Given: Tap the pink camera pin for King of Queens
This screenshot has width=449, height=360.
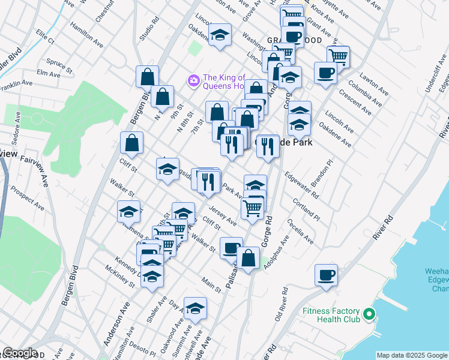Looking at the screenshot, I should (193, 80).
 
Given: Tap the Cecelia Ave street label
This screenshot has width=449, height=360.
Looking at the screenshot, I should (300, 231).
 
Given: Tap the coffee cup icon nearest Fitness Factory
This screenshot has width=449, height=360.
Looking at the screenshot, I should (326, 275).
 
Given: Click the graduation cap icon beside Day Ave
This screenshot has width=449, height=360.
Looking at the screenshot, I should (194, 309).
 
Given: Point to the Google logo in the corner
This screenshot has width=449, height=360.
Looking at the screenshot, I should (20, 353).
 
